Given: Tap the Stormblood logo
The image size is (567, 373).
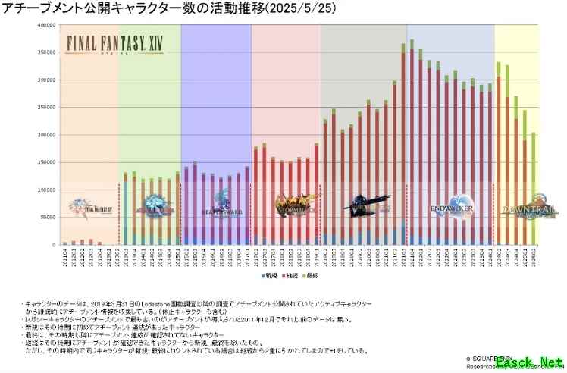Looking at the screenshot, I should pyautogui.click(x=285, y=204).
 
